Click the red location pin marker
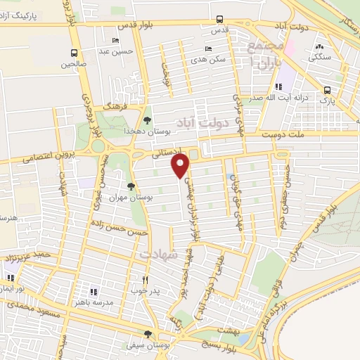point(181,166)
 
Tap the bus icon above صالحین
point(75,53)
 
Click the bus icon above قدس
point(219,20)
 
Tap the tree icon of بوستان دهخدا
point(146,120)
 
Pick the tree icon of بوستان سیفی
point(147,334)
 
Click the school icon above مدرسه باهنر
point(92,291)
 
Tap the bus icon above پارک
point(327,90)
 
